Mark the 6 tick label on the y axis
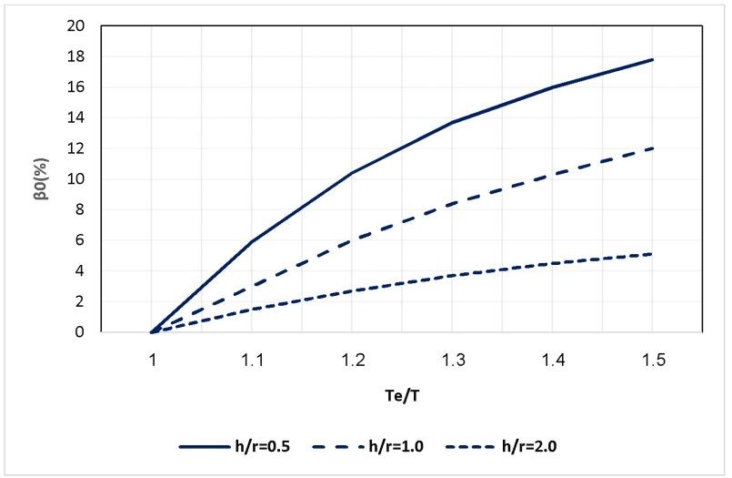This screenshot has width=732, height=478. click(x=80, y=240)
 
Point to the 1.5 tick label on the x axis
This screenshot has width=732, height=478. click(x=652, y=361)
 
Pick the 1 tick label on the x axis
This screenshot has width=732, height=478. click(x=152, y=361)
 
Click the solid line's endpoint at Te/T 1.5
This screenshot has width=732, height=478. click(x=652, y=59)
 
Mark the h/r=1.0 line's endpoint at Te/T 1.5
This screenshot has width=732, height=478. click(x=652, y=148)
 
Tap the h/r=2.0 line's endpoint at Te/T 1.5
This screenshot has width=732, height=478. click(x=652, y=254)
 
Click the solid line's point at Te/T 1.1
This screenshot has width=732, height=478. click(x=252, y=241)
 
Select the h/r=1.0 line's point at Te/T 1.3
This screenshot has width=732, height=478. click(x=452, y=203)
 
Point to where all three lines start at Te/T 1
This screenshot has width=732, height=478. click(x=152, y=332)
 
